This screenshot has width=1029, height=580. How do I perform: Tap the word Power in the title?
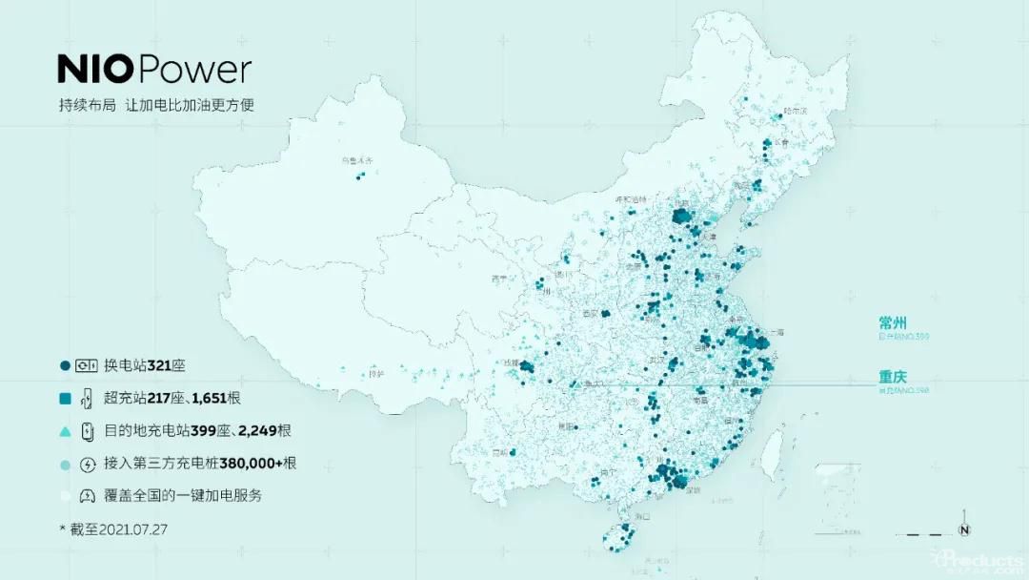196,70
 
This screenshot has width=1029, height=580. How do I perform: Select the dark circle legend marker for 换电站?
65,365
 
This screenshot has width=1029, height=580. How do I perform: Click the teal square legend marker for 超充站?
65,398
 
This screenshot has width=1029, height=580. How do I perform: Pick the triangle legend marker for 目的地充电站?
65,431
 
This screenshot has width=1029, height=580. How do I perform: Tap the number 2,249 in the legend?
256,431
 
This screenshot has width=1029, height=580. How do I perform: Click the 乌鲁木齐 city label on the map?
359,162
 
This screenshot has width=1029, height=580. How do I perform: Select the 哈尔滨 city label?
794,112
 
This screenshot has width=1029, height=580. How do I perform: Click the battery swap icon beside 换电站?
88,365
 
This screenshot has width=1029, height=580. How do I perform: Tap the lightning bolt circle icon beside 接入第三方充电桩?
88,464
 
